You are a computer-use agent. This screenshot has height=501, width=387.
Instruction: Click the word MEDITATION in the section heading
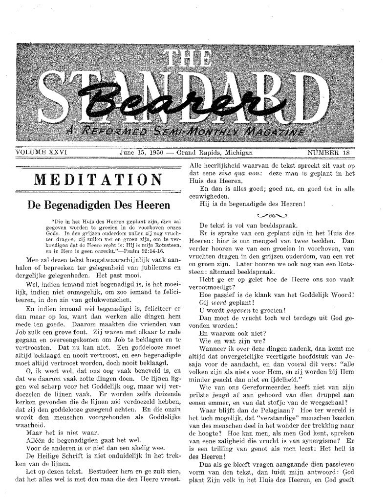(x=98, y=179)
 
